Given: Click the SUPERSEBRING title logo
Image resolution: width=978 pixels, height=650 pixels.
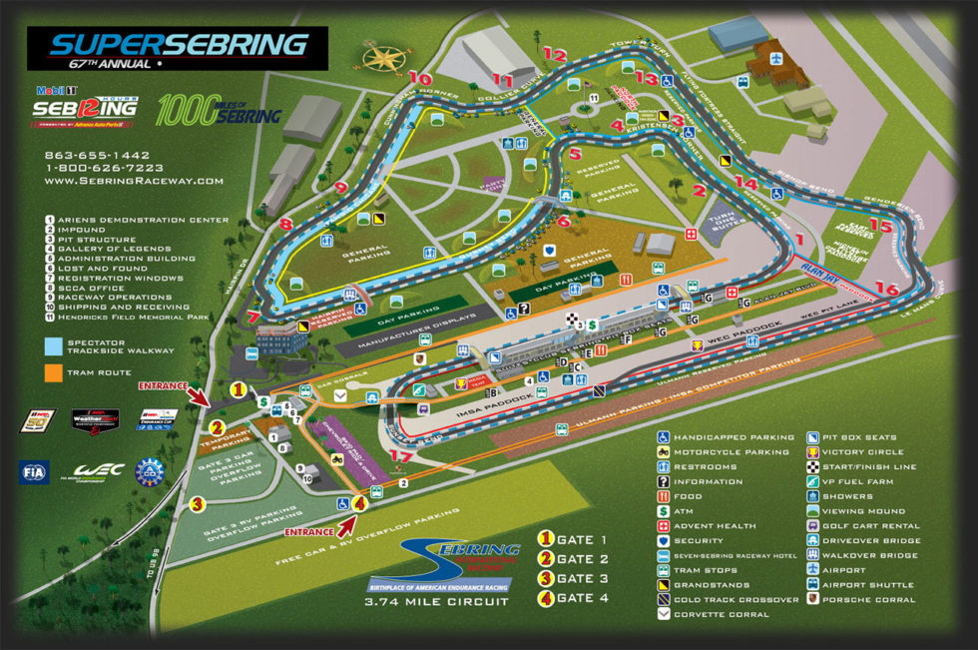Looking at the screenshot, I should [x=178, y=44].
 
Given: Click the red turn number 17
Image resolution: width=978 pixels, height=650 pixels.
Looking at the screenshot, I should [x=401, y=456].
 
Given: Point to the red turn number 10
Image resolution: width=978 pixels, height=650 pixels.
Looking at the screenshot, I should [x=420, y=78].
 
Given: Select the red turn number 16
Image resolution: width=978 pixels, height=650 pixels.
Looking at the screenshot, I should [x=887, y=290].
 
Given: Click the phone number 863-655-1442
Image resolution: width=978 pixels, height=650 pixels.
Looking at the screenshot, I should [x=97, y=156].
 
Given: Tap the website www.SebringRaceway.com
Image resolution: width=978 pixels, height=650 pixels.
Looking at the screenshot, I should [x=134, y=181].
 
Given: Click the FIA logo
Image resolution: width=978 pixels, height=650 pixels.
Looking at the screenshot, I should [x=33, y=471].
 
